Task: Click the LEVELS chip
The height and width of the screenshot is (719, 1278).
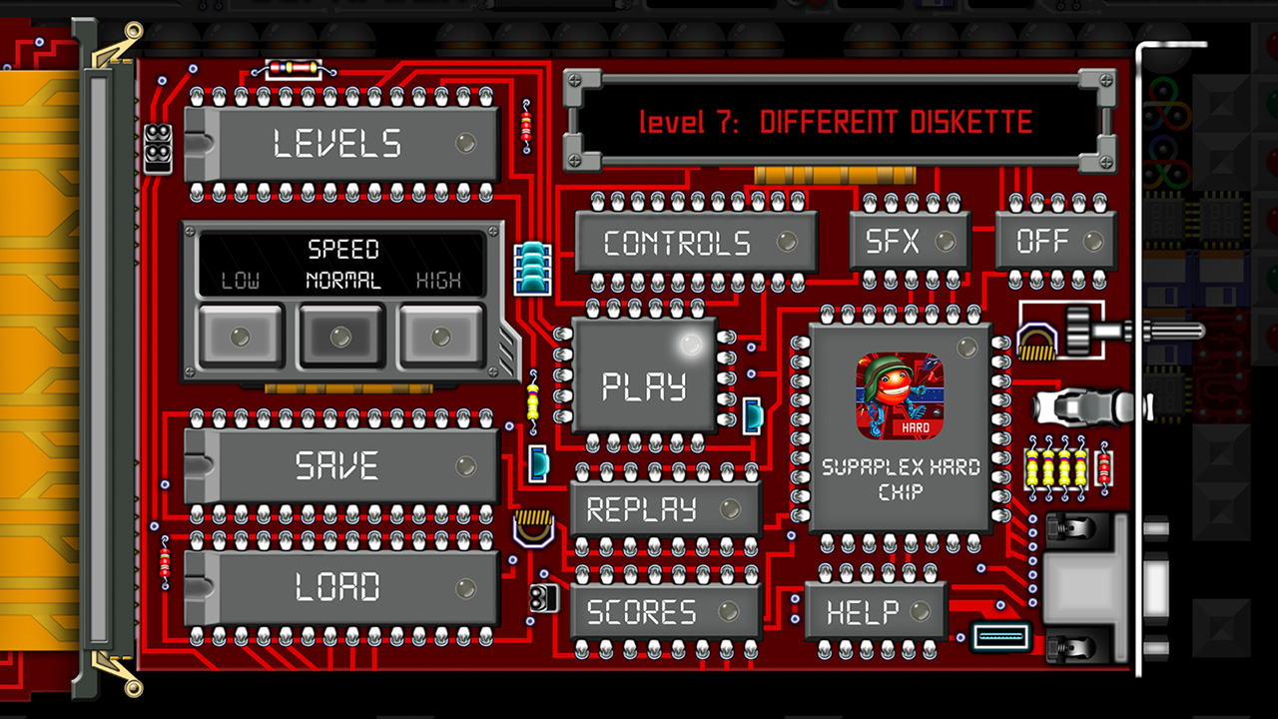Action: (x=339, y=144)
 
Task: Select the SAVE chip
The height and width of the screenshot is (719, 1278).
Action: (x=339, y=466)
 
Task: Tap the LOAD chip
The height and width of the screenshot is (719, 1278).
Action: (x=339, y=587)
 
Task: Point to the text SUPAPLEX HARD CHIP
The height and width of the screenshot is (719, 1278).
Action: (x=901, y=479)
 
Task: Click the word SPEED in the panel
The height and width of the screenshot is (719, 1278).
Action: (x=342, y=249)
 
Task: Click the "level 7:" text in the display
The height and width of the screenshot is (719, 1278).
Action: (x=690, y=123)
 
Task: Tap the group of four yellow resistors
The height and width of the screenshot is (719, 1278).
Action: (x=1056, y=466)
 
